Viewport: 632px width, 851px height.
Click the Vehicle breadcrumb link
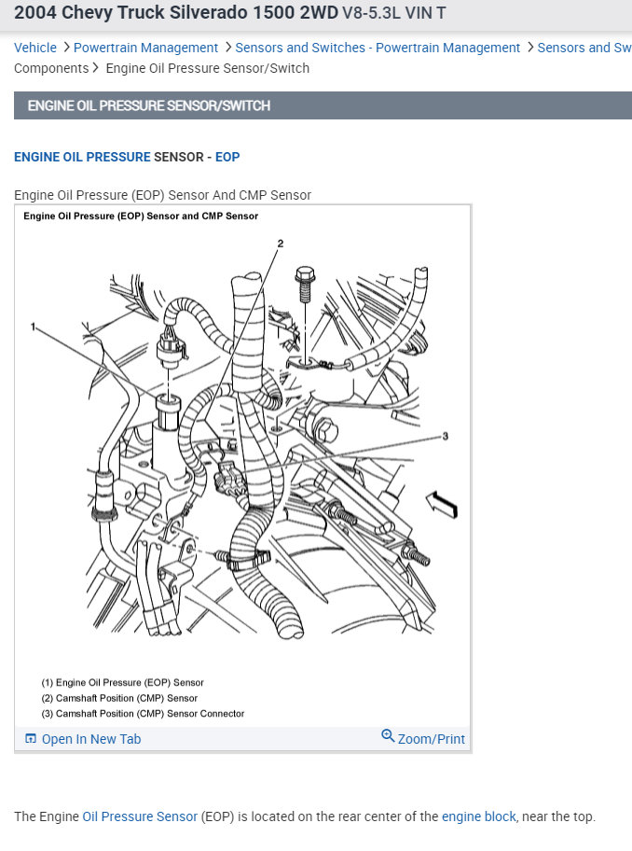point(35,48)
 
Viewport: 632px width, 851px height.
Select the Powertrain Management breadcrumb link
point(145,48)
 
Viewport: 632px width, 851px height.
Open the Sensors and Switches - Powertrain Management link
point(378,48)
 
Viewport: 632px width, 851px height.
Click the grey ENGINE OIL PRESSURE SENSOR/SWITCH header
point(149,105)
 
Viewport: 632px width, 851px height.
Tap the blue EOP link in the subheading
point(227,157)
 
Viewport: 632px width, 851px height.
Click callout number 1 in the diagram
point(33,327)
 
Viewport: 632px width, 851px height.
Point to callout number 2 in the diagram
point(280,244)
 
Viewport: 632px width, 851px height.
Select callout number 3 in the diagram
point(446,436)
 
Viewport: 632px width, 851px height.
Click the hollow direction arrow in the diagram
point(442,504)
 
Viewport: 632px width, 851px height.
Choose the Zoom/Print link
point(431,739)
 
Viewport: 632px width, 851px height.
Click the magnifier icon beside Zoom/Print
point(388,737)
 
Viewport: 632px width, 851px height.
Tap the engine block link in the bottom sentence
point(478,816)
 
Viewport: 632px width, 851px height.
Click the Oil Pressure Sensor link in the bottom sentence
point(140,816)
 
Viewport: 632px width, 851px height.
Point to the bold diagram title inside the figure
point(141,216)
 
